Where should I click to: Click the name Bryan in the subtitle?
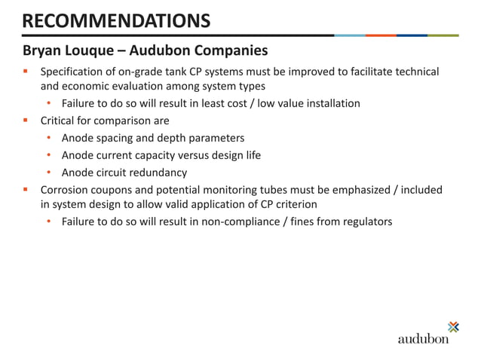42,52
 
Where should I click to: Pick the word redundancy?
157,172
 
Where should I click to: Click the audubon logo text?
423,339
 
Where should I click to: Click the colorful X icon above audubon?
453,326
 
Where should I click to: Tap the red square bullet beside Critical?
26,121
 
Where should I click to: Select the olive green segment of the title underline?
443,35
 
